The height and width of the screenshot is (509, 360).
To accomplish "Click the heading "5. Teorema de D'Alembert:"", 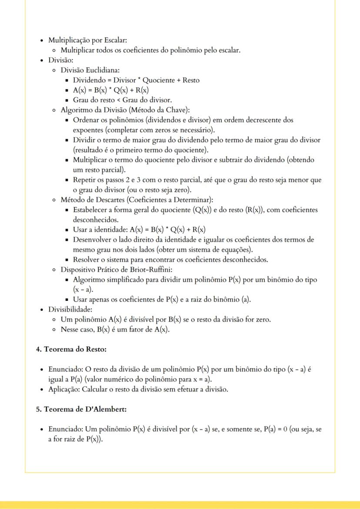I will pos(81,409).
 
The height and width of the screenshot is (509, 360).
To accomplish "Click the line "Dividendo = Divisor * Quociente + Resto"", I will pos(136,80).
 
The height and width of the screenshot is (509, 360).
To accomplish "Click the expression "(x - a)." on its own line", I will pos(82,289).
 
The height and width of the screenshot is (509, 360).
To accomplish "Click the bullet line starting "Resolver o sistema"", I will pos(170,259).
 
